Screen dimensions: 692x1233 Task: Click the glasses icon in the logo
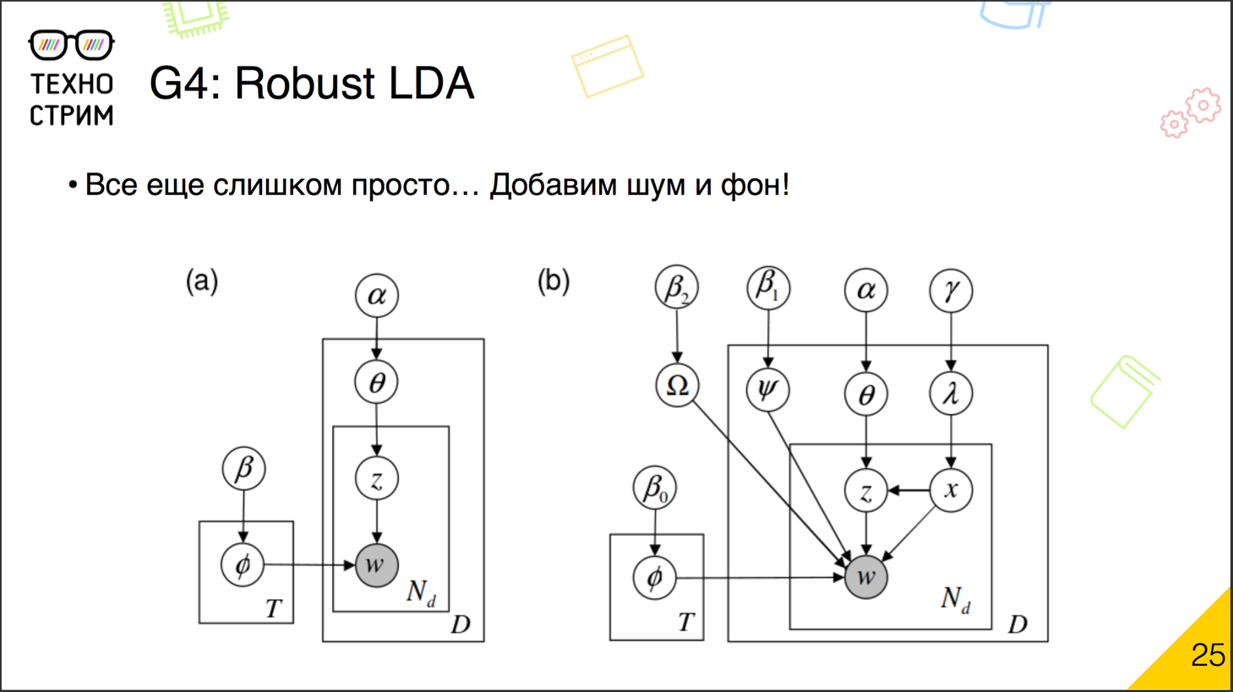(71, 45)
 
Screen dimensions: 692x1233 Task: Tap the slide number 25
(1208, 655)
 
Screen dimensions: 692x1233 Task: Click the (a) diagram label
(202, 281)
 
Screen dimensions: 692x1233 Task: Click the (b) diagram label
(554, 281)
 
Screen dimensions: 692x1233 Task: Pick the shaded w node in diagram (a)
(376, 564)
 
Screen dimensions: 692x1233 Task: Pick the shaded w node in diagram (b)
(865, 577)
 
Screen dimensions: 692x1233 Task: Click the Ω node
(677, 385)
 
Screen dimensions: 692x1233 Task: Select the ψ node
(767, 390)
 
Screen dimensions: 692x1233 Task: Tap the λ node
(951, 393)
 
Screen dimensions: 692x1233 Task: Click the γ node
(951, 291)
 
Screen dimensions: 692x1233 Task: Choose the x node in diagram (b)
(951, 490)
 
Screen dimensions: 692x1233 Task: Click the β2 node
(676, 287)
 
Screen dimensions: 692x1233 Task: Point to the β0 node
(654, 488)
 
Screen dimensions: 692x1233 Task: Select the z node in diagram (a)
(376, 478)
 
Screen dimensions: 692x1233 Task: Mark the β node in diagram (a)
(243, 468)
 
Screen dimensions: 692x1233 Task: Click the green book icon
(1124, 391)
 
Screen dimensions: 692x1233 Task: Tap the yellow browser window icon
(607, 66)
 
